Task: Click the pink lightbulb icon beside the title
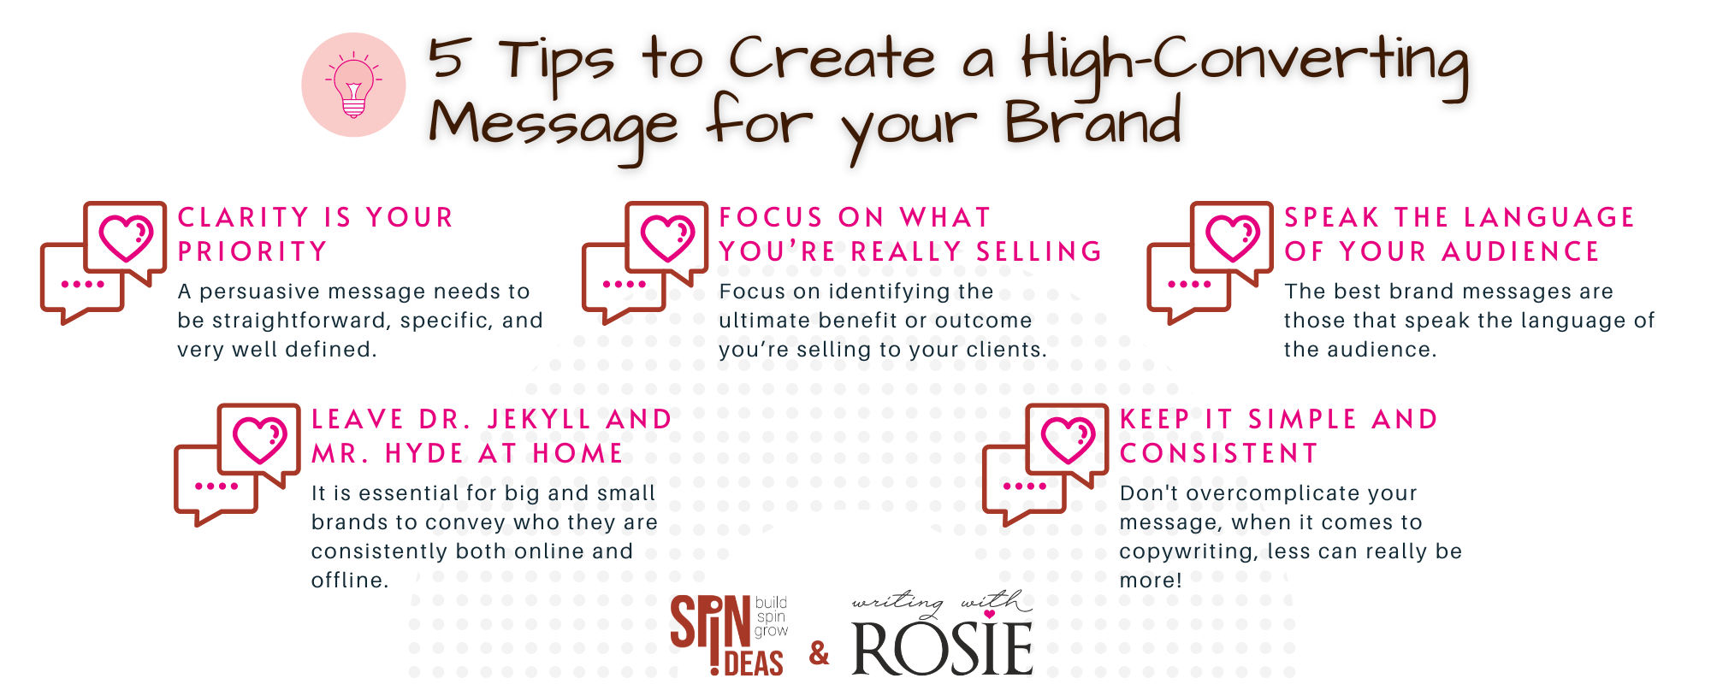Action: click(x=353, y=85)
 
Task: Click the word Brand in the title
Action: click(x=1092, y=121)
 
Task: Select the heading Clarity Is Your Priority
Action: click(x=315, y=234)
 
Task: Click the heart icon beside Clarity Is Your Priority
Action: click(x=126, y=238)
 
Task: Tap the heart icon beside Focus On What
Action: click(x=667, y=238)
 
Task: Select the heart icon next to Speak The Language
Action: click(x=1233, y=238)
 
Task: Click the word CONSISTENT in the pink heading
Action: click(x=1218, y=453)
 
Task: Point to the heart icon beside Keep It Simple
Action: click(x=1068, y=439)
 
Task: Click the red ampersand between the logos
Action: click(x=819, y=653)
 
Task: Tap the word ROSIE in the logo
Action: click(x=942, y=649)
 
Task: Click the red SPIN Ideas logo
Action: click(x=728, y=634)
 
